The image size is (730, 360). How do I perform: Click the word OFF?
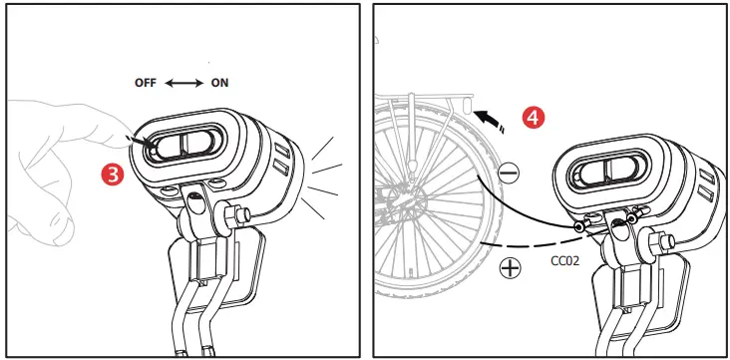[x=147, y=83]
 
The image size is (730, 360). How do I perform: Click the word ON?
[x=219, y=83]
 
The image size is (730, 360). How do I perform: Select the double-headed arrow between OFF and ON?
[x=183, y=83]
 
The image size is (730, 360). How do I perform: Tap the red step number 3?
[x=114, y=175]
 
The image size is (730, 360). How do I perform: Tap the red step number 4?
[x=536, y=117]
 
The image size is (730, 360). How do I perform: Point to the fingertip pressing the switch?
[x=136, y=141]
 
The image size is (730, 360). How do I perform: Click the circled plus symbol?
[x=512, y=268]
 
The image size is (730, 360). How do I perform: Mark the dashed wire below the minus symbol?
[x=519, y=240]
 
